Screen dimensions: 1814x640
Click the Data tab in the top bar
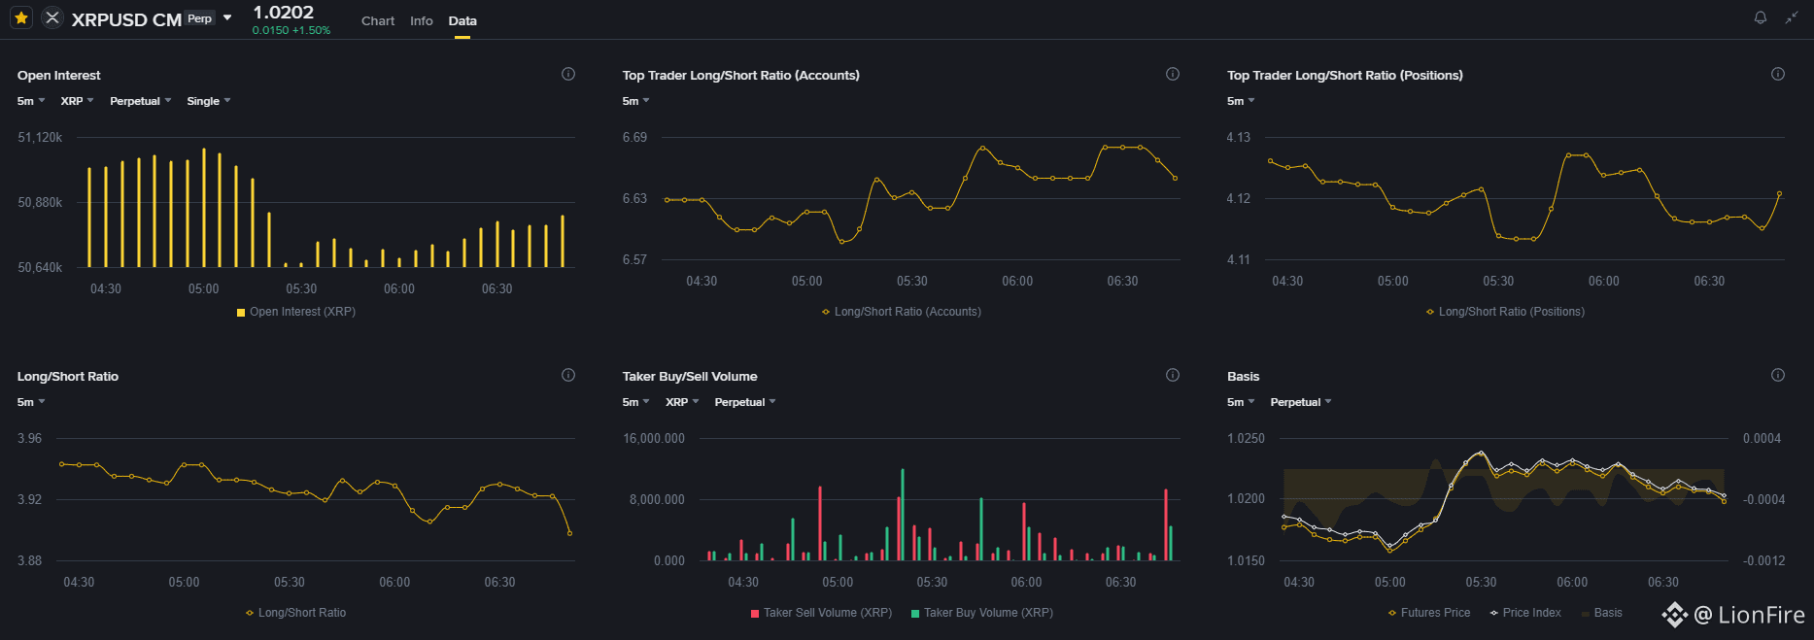(x=462, y=20)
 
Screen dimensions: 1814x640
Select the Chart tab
(x=378, y=20)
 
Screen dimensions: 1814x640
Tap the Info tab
(x=422, y=20)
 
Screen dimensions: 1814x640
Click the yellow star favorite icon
(x=21, y=17)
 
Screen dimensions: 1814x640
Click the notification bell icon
(x=1760, y=17)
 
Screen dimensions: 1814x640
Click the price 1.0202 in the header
(x=283, y=13)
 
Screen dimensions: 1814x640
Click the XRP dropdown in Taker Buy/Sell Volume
(x=682, y=402)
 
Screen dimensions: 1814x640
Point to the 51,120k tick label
(x=40, y=138)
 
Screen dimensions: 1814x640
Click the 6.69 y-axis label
(x=634, y=138)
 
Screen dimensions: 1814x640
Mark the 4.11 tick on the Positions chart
(x=1239, y=260)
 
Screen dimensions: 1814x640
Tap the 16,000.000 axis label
(x=654, y=439)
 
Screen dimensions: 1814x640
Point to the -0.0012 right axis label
(x=1763, y=561)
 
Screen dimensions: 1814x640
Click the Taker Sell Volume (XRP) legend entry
(x=821, y=613)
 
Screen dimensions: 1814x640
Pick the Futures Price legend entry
(x=1429, y=613)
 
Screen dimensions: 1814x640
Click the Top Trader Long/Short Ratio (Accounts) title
(x=741, y=76)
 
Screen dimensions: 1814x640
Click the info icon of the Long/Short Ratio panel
(x=568, y=375)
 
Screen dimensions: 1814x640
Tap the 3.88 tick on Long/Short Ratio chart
(x=30, y=561)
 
